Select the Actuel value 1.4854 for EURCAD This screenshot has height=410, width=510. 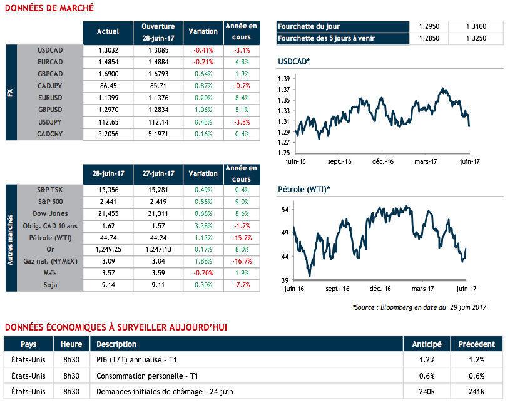pos(108,63)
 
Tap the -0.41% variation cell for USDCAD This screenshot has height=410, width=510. pos(203,51)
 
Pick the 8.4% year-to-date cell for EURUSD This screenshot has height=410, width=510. pos(241,98)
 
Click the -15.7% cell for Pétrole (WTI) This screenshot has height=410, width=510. pos(241,238)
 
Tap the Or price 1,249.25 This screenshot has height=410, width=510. pos(108,250)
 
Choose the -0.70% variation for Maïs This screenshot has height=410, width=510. pos(203,274)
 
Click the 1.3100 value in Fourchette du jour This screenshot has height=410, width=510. pos(476,27)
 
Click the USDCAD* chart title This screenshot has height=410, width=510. pos(293,61)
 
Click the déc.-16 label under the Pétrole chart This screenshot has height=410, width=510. pos(380,289)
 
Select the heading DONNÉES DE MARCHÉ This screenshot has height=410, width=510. pos(49,8)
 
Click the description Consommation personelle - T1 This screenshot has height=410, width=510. pos(147,376)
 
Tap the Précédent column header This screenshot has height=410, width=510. pos(476,344)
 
